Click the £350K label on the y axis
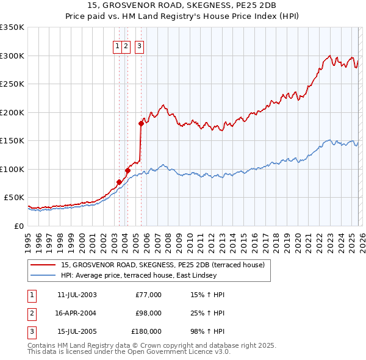click(x=12, y=27)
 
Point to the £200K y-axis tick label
click(x=12, y=112)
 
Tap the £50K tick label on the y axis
click(x=15, y=198)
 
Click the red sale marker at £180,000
click(x=141, y=123)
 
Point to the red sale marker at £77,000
click(x=119, y=181)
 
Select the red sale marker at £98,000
click(x=127, y=170)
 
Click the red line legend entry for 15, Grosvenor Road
click(x=162, y=265)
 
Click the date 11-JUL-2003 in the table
click(x=77, y=295)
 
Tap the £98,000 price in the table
click(x=149, y=313)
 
